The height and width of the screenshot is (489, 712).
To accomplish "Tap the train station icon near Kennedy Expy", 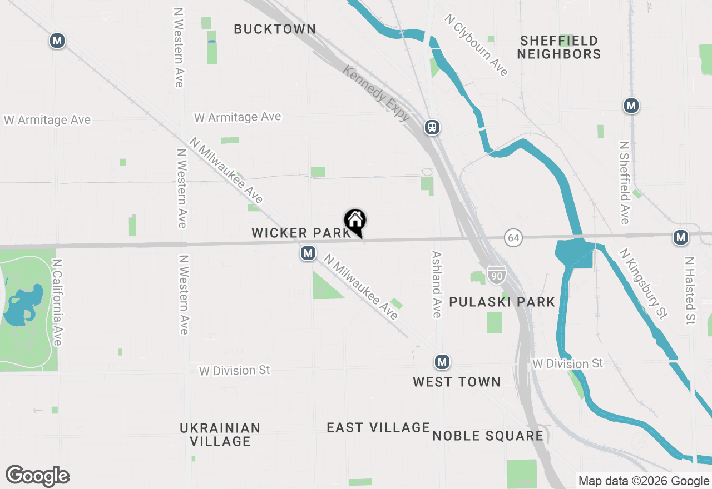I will pyautogui.click(x=432, y=127).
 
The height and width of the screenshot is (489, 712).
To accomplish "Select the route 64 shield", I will pyautogui.click(x=513, y=238).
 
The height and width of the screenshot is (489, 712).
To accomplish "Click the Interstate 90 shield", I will pyautogui.click(x=496, y=275).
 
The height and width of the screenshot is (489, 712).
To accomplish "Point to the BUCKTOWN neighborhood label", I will pyautogui.click(x=275, y=29).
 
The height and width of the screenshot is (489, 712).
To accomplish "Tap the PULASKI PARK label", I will pyautogui.click(x=502, y=302).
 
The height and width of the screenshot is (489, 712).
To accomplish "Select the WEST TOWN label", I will pyautogui.click(x=457, y=382).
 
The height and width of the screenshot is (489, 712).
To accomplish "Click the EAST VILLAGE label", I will pyautogui.click(x=378, y=427).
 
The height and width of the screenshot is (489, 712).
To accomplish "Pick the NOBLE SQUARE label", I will pyautogui.click(x=487, y=436).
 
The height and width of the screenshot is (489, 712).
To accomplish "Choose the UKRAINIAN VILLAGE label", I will pyautogui.click(x=220, y=435).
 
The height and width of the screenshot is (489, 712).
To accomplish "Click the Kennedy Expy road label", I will pyautogui.click(x=377, y=93).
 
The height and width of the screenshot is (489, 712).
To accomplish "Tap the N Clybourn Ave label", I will pyautogui.click(x=476, y=45).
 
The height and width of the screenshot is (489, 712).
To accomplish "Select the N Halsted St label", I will pyautogui.click(x=690, y=291).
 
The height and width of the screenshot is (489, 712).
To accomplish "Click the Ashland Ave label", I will pyautogui.click(x=437, y=284).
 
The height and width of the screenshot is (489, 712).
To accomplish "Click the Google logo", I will pyautogui.click(x=37, y=476).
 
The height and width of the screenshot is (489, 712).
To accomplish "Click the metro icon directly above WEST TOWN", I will pyautogui.click(x=442, y=362).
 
